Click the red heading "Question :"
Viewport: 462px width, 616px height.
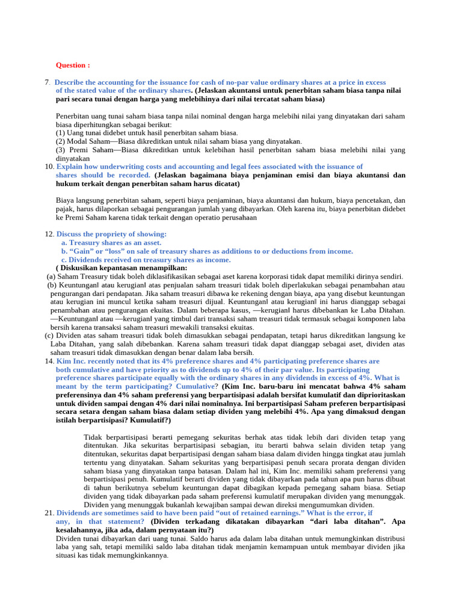tap(73, 65)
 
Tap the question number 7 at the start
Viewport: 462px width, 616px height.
tap(47, 82)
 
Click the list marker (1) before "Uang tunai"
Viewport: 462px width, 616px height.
tap(61, 133)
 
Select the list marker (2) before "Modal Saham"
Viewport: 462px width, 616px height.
tap(61, 141)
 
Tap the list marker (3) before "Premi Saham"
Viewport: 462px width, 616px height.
tap(61, 150)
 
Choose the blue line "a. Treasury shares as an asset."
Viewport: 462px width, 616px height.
tap(111, 242)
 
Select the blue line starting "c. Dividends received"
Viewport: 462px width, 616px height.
tap(146, 260)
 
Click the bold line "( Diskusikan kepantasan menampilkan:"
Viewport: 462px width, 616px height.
tap(121, 268)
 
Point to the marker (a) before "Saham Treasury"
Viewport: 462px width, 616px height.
tap(51, 277)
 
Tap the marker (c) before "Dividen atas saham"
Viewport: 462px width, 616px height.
tap(50, 336)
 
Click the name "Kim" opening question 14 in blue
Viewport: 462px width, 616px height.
tap(64, 361)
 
